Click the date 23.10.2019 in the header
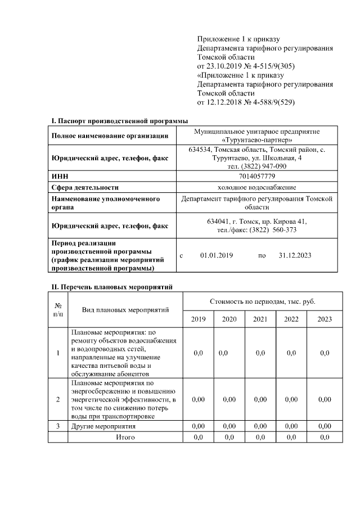click(226, 66)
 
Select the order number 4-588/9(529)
click(272, 102)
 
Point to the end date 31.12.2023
click(295, 255)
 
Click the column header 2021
click(260, 319)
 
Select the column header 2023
click(325, 319)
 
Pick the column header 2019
click(199, 319)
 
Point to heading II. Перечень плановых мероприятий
click(111, 287)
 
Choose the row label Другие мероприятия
click(103, 427)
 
